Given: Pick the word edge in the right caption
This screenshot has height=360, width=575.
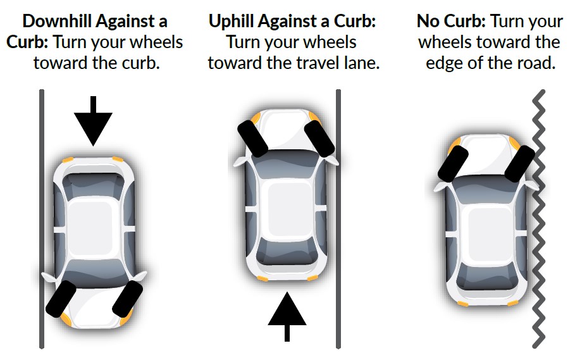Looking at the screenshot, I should click(447, 64).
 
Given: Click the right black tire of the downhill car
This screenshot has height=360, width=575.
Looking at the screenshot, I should click(127, 298).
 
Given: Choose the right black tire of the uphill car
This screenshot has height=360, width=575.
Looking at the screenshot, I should click(319, 139).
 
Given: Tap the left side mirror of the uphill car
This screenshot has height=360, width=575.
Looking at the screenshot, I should click(240, 161).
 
